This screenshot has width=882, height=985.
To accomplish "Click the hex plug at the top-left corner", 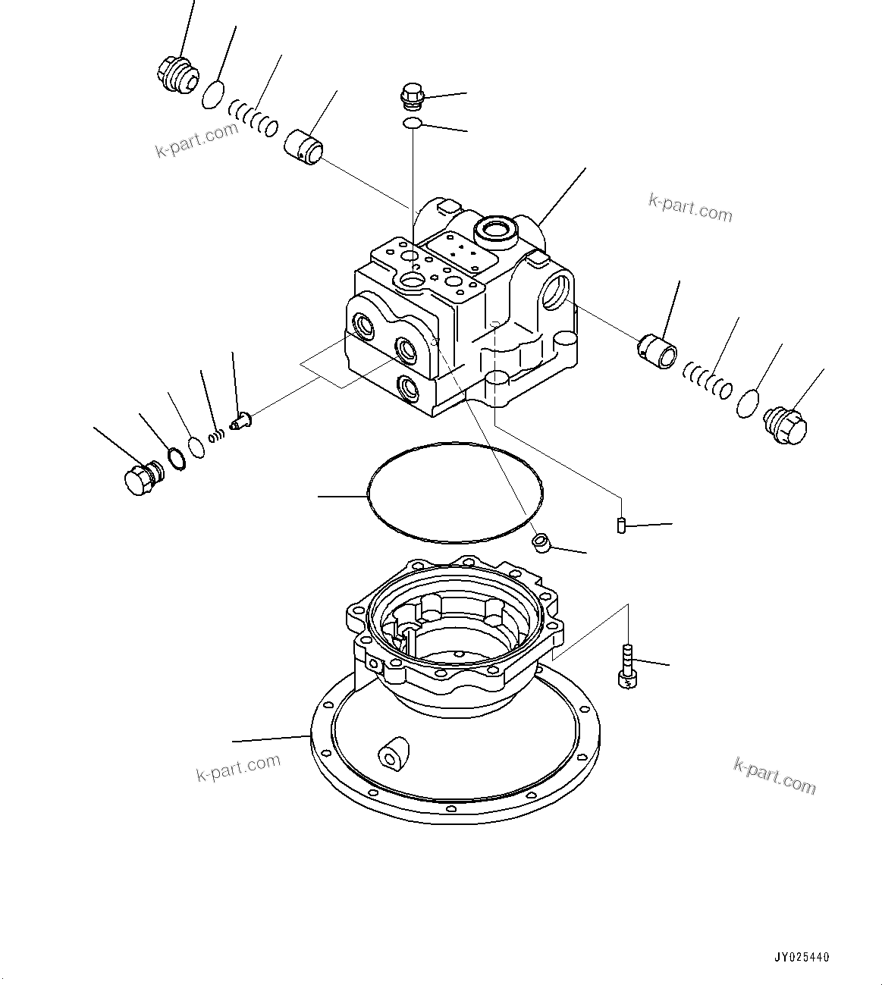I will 177,74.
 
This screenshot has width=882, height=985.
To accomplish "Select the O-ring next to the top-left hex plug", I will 214,96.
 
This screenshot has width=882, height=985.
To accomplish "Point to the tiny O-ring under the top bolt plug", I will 413,123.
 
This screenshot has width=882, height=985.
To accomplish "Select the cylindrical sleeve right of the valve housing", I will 657,350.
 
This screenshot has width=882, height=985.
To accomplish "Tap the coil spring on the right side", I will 707,379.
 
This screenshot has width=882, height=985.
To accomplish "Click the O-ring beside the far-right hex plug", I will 749,403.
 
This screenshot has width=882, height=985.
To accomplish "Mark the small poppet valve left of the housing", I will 242,419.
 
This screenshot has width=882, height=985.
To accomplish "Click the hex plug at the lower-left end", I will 141,479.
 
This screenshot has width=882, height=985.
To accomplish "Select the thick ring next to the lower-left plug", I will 175,460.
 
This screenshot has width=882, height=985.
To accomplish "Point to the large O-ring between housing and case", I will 454,493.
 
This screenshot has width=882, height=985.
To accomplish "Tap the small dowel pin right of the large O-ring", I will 621,525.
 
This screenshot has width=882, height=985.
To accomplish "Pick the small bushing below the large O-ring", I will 541,543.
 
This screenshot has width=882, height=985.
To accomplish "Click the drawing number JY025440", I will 802,958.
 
